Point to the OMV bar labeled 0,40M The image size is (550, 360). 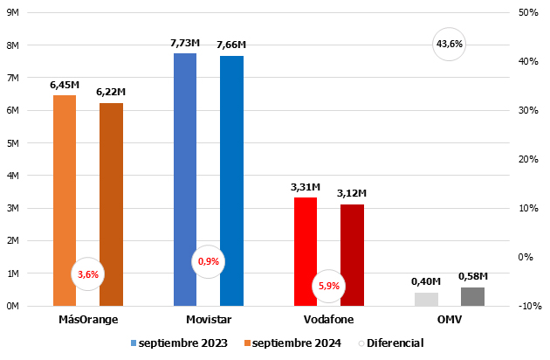pos(426,299)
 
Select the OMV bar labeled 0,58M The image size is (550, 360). pos(472,296)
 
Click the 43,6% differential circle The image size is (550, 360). pos(450,44)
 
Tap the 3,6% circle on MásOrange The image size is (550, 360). pos(88,273)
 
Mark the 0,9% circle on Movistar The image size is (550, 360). pos(209,261)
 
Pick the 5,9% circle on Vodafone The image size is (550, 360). pos(329,286)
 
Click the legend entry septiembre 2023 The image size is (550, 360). pos(179,343)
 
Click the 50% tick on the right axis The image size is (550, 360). pos(528,12)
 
